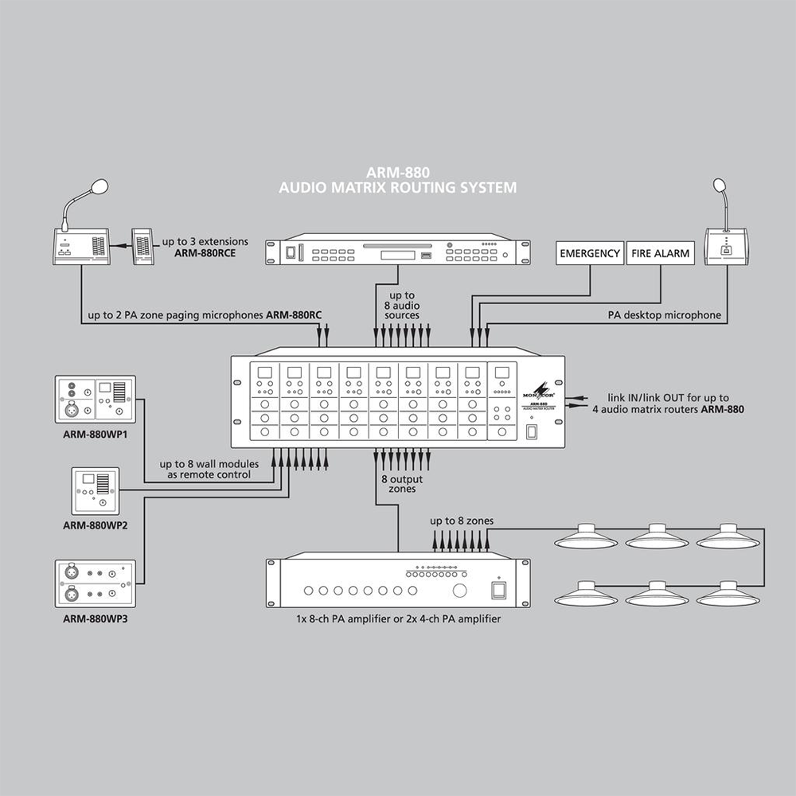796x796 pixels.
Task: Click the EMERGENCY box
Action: [590, 254]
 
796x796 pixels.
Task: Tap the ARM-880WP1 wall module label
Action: [96, 435]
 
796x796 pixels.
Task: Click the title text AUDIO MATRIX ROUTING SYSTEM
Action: [398, 188]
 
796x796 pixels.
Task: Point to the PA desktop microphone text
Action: [665, 315]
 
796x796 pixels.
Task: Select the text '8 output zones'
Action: [401, 484]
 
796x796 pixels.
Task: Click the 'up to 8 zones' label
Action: [462, 521]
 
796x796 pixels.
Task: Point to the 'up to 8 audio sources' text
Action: [401, 306]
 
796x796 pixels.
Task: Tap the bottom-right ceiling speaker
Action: [728, 594]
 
